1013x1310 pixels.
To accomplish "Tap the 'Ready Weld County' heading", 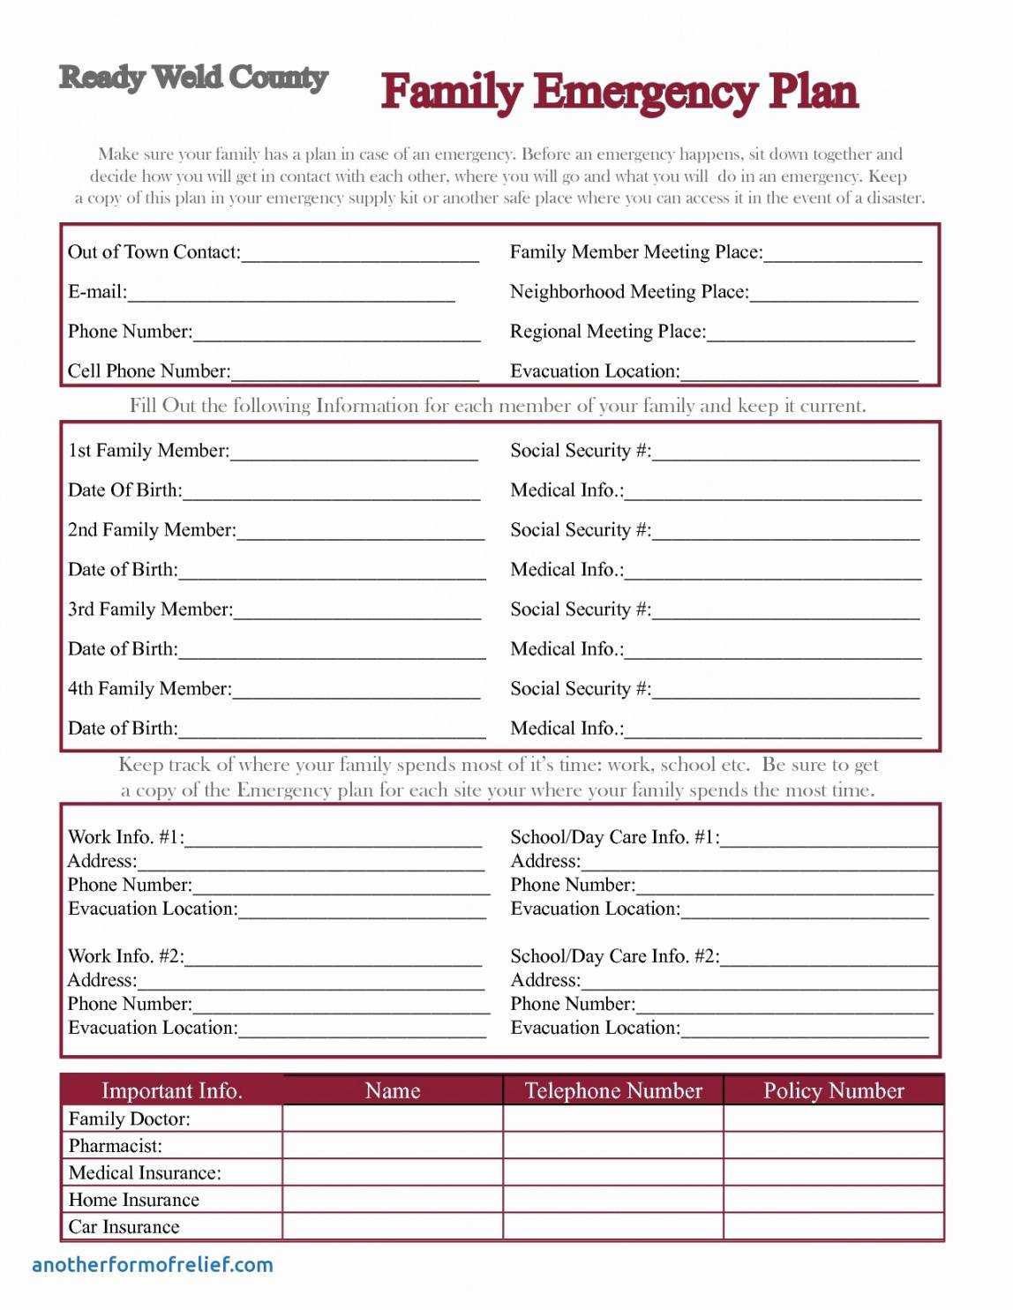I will coord(193,79).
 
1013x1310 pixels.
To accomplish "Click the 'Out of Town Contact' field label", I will coord(154,252).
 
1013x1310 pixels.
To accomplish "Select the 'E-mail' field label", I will coord(97,292).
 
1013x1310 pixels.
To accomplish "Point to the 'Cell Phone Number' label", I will coord(149,371).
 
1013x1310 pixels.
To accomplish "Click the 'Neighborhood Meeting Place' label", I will coord(629,292).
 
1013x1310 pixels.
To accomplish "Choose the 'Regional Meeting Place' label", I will coord(608,332).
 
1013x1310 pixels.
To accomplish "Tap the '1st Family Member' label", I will coord(148,451).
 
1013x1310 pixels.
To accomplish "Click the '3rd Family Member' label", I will coord(150,610).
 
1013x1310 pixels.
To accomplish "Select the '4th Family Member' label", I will coord(149,689).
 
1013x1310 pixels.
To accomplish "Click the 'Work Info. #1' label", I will coord(126,837).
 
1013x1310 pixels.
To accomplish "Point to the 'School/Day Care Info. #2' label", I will coord(615,956).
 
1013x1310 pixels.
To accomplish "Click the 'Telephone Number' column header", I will coord(613,1091).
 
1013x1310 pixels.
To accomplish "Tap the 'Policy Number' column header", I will coord(834,1091).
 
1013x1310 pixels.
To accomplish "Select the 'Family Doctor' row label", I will coord(129,1119).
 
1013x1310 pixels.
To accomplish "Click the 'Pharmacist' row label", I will coord(116,1146).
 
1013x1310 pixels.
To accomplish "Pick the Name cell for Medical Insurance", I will coord(393,1172).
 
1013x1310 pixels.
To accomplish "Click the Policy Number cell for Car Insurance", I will coord(834,1227).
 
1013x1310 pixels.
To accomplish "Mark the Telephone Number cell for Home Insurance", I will coord(613,1200).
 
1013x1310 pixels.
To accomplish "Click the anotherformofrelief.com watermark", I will coord(153,1265).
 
